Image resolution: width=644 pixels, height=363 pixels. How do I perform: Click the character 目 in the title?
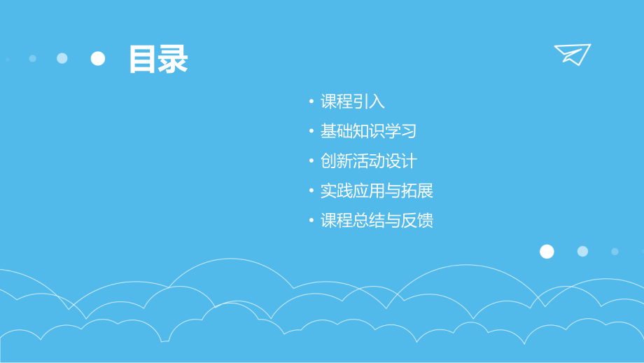(143, 60)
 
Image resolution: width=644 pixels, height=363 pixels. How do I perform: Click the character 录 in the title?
(173, 60)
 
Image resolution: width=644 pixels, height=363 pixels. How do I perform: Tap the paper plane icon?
(573, 53)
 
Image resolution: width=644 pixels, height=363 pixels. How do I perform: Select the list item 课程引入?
(353, 102)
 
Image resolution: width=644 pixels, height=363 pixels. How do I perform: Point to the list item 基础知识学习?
(369, 131)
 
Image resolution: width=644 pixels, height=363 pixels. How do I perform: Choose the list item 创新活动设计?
(369, 161)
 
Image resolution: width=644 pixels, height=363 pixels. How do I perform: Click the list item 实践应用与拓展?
(377, 191)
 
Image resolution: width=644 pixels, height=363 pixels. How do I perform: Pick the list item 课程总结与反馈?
(377, 221)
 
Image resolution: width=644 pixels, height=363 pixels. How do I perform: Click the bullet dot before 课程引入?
(312, 102)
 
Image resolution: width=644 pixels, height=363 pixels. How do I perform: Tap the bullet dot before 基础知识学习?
(312, 132)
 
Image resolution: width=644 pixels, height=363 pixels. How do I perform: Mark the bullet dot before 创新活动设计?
(312, 162)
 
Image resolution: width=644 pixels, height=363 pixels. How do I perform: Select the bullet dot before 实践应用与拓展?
(312, 191)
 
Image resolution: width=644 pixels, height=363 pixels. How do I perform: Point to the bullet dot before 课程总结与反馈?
(312, 221)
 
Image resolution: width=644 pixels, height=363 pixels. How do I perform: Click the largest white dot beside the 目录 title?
(98, 58)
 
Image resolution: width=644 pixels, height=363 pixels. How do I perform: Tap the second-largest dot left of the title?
(62, 58)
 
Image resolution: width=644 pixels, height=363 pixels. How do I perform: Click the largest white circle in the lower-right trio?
(547, 252)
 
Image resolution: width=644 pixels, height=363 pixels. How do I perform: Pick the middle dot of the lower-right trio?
(582, 251)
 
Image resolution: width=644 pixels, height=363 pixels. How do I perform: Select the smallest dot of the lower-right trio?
(615, 251)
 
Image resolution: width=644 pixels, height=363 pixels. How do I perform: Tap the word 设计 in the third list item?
(401, 161)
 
